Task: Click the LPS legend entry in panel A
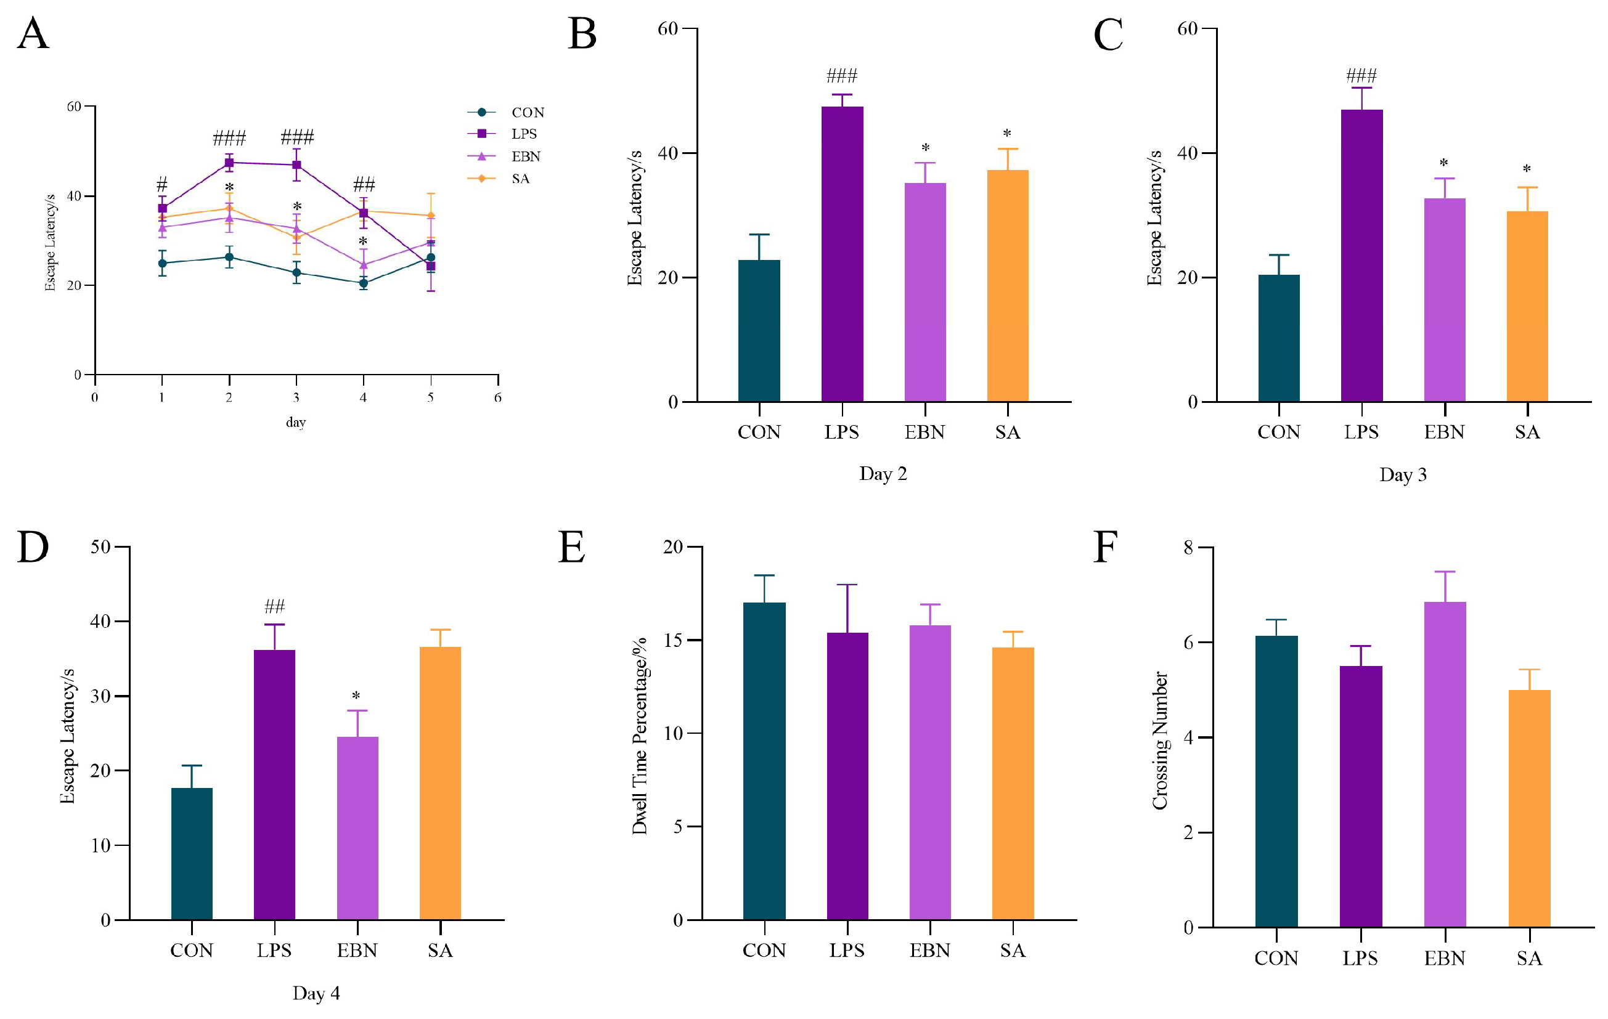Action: [x=523, y=134]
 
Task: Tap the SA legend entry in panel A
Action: [x=520, y=179]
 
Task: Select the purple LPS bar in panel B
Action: [x=842, y=254]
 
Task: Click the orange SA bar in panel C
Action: [x=1527, y=306]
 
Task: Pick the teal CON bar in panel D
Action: [x=192, y=853]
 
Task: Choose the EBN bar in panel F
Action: [x=1445, y=764]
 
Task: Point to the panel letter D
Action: [x=33, y=547]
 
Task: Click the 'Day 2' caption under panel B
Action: [x=883, y=474]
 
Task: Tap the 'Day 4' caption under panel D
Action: [x=316, y=993]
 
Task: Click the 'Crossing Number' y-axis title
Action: [x=1160, y=740]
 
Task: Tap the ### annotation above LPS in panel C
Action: [x=1361, y=75]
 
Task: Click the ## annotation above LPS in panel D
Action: [x=274, y=606]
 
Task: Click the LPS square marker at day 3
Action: [x=296, y=165]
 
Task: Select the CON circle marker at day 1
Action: [x=162, y=263]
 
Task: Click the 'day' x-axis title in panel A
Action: [x=296, y=423]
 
